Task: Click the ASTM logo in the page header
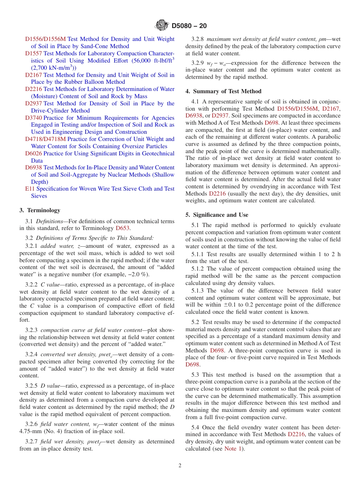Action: (162, 26)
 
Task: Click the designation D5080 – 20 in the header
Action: (189, 26)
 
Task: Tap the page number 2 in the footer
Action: (180, 466)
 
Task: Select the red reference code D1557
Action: (33, 53)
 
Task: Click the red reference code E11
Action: (30, 189)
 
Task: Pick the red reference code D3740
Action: (33, 118)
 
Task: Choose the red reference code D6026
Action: (33, 153)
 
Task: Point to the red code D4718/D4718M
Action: (45, 139)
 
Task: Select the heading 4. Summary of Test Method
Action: (223, 91)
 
